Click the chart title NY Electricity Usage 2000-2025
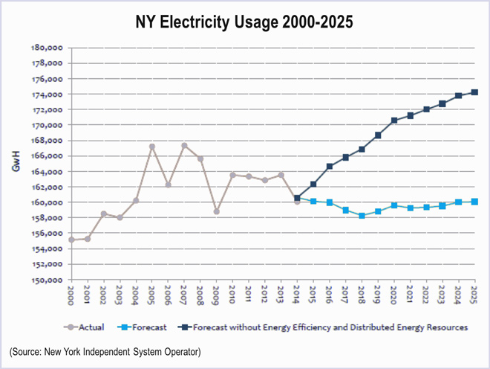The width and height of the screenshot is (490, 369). click(x=245, y=22)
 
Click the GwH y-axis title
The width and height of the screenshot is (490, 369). click(x=16, y=163)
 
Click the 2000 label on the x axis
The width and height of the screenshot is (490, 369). click(x=71, y=295)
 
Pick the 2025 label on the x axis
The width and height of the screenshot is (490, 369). click(x=474, y=295)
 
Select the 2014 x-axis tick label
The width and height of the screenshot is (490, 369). click(x=297, y=295)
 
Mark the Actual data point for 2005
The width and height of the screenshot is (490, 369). click(x=152, y=147)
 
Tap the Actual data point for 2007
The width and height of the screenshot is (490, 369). click(x=184, y=146)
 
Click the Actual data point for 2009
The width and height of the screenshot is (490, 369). click(x=216, y=211)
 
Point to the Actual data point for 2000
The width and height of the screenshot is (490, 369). click(x=71, y=240)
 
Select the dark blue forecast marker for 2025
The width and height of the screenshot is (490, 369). click(x=474, y=92)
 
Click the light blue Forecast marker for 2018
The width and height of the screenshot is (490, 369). click(x=362, y=216)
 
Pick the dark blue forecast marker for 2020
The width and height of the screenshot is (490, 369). click(x=393, y=121)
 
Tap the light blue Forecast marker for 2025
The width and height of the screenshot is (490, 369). click(x=474, y=202)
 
